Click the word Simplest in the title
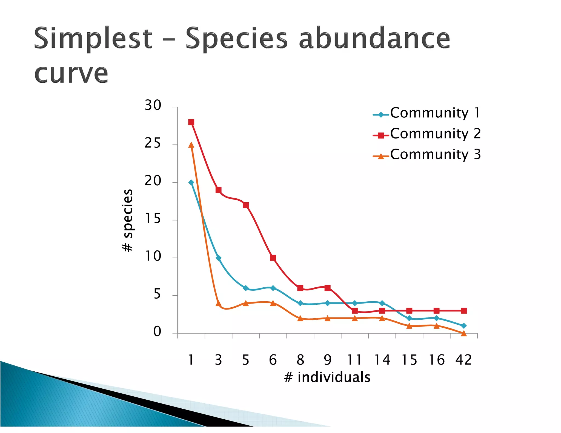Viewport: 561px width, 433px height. pyautogui.click(x=93, y=38)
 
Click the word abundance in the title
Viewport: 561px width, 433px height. pyautogui.click(x=374, y=38)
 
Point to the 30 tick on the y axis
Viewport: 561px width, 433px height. pyautogui.click(x=153, y=105)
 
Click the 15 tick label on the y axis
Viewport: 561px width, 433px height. pyautogui.click(x=153, y=219)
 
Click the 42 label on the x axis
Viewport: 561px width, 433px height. pyautogui.click(x=463, y=360)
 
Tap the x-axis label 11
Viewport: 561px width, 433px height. pyautogui.click(x=354, y=360)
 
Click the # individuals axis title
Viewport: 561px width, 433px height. pyautogui.click(x=327, y=377)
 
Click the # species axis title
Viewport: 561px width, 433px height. pyautogui.click(x=127, y=220)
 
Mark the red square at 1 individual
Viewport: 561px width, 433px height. pyautogui.click(x=191, y=122)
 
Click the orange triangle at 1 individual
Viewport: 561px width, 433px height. pyautogui.click(x=191, y=145)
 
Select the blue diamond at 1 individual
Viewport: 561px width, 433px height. pyautogui.click(x=191, y=183)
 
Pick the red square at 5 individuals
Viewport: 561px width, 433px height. pyautogui.click(x=246, y=205)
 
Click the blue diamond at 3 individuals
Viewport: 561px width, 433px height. pyautogui.click(x=218, y=258)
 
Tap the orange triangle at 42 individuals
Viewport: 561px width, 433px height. pyautogui.click(x=463, y=333)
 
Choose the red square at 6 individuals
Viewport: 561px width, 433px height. pyautogui.click(x=273, y=258)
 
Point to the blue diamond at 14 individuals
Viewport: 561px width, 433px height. pyautogui.click(x=382, y=303)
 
